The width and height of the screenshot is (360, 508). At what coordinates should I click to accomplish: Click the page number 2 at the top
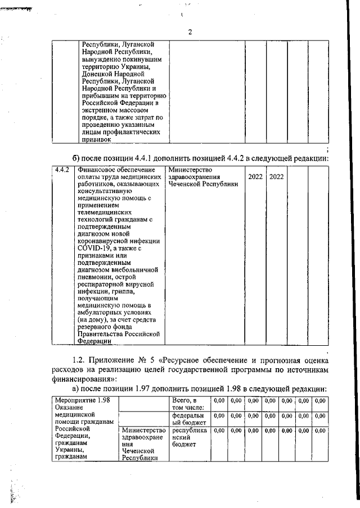pos(190,32)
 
